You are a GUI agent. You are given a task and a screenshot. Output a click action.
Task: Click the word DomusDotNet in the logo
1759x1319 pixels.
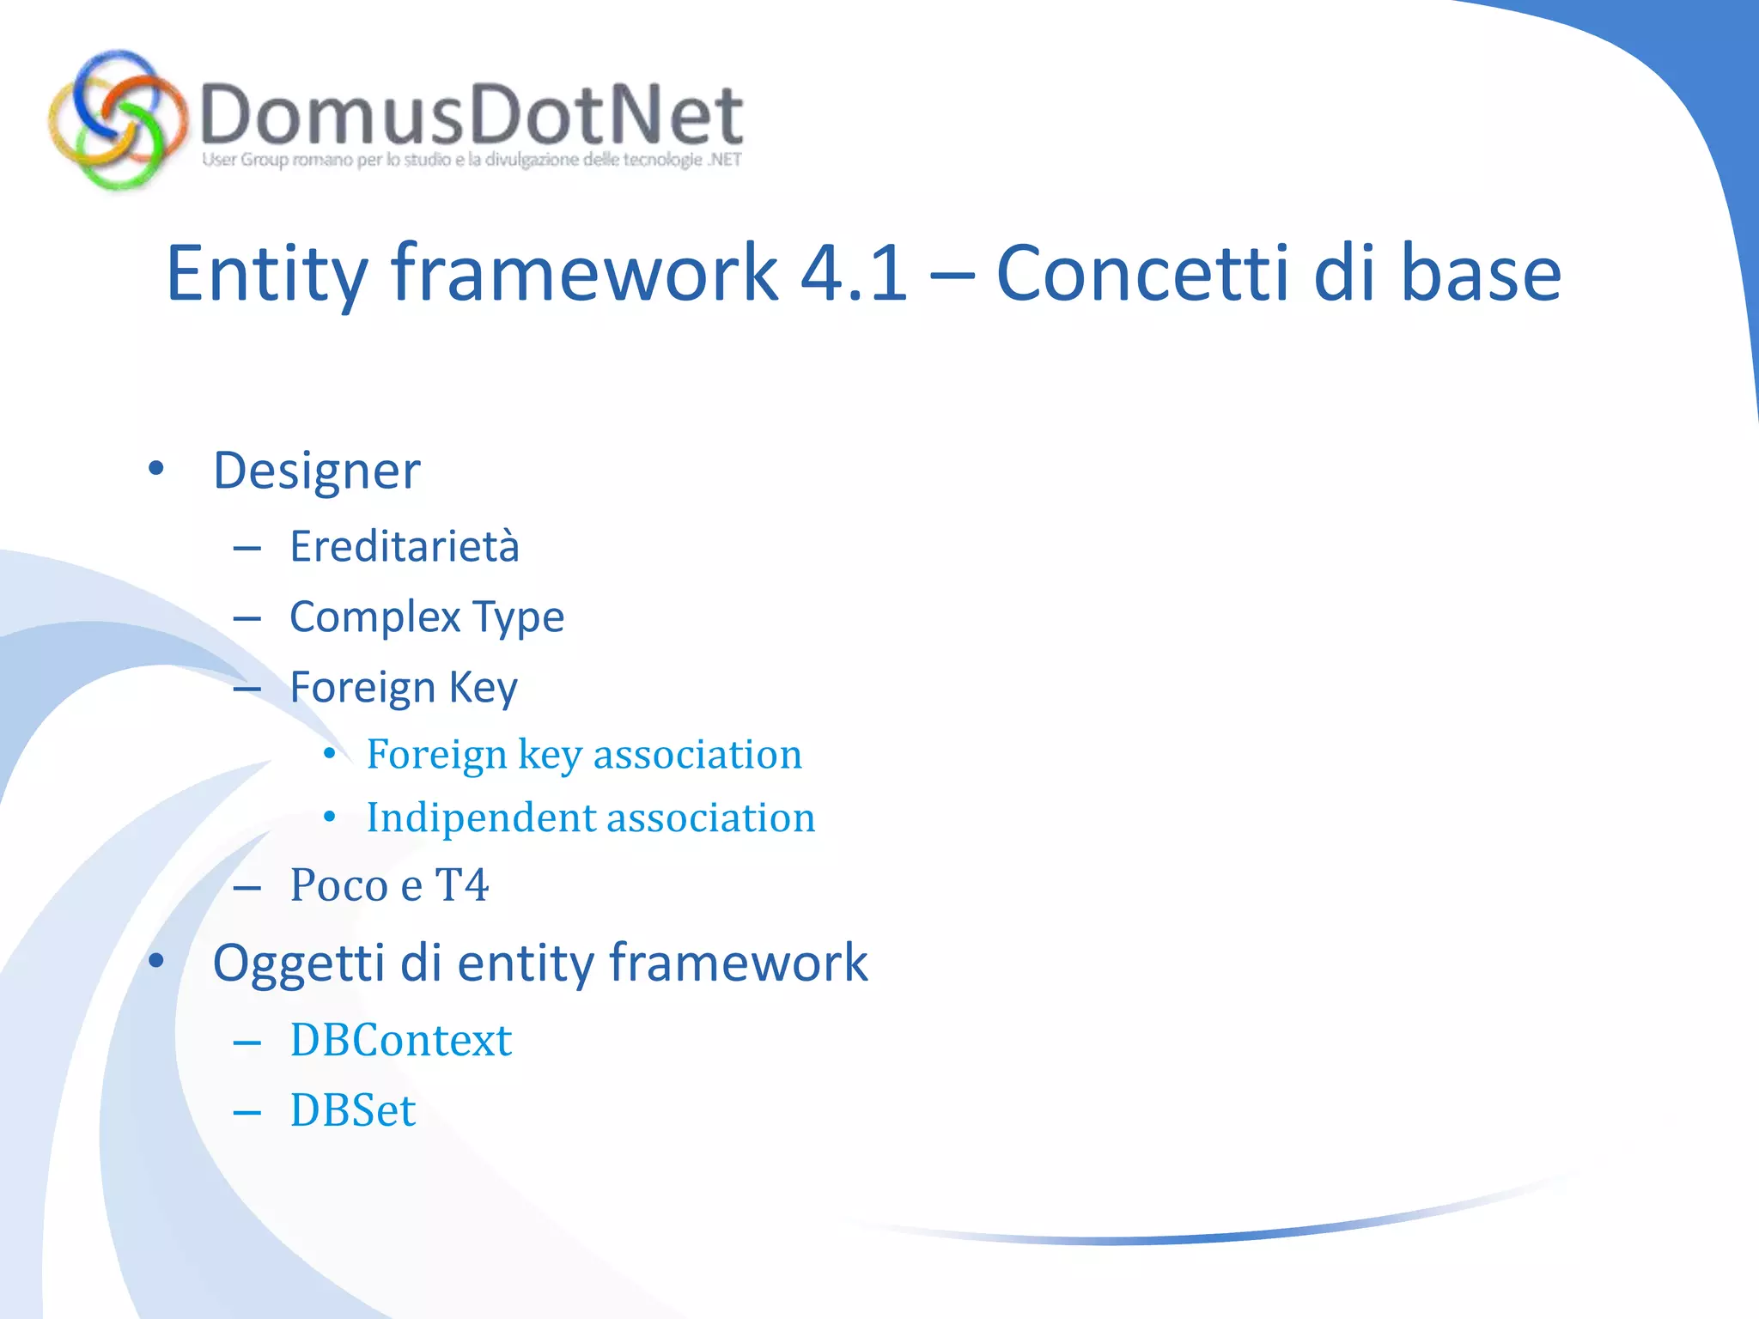[471, 115]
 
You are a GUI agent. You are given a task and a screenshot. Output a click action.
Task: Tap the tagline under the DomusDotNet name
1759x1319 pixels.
[471, 160]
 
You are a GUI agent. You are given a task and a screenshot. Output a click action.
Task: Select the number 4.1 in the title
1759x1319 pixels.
[853, 273]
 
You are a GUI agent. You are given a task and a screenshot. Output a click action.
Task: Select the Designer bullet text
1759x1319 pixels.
[317, 471]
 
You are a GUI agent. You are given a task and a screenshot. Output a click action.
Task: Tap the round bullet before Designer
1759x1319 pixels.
[155, 469]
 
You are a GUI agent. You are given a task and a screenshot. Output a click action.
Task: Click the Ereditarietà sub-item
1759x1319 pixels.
[405, 547]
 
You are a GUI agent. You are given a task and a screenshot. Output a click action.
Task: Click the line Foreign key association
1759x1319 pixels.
[584, 755]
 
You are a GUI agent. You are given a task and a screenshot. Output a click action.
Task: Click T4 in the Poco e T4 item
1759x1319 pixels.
[462, 885]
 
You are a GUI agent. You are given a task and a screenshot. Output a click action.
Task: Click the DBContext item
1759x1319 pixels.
[401, 1041]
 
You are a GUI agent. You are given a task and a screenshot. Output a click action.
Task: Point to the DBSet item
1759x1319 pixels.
[353, 1111]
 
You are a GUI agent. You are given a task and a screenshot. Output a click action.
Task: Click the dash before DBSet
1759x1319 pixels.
[247, 1113]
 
